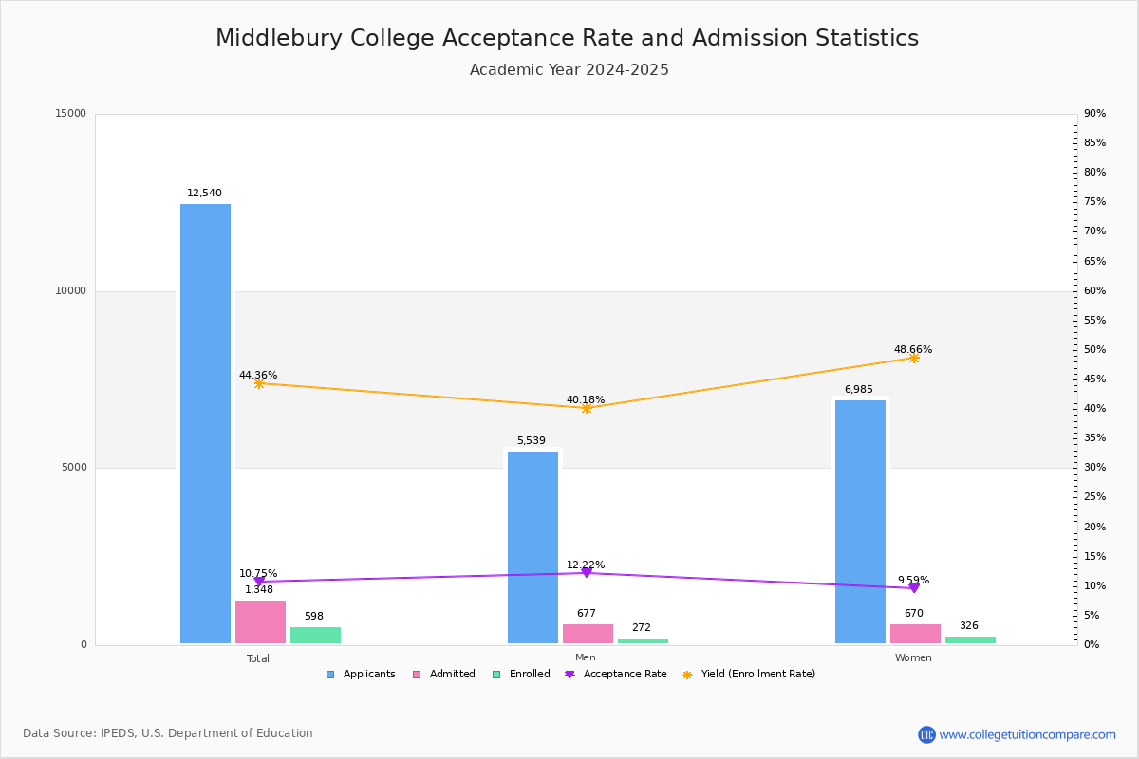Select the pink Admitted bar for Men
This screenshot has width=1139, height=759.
(x=588, y=634)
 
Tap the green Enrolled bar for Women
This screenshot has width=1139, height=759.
(x=970, y=640)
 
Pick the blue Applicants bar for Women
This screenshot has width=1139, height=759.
(x=860, y=522)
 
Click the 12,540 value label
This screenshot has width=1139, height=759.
(x=204, y=194)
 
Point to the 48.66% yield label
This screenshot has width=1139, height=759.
(x=913, y=350)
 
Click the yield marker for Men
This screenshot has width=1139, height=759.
(x=587, y=408)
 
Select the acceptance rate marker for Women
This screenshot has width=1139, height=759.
(x=914, y=588)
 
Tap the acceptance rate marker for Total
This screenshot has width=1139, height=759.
(x=258, y=582)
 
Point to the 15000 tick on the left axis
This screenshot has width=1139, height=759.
(x=71, y=114)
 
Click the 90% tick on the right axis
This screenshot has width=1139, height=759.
(x=1094, y=114)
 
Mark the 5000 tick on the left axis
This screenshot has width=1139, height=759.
(x=74, y=468)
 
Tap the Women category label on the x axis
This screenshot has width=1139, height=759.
(x=913, y=658)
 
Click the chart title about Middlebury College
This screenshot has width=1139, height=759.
(x=568, y=39)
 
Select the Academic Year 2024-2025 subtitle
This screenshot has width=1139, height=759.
(x=569, y=70)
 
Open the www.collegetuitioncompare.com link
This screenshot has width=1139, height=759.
(x=1027, y=734)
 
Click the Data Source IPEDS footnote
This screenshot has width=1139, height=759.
(x=168, y=733)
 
